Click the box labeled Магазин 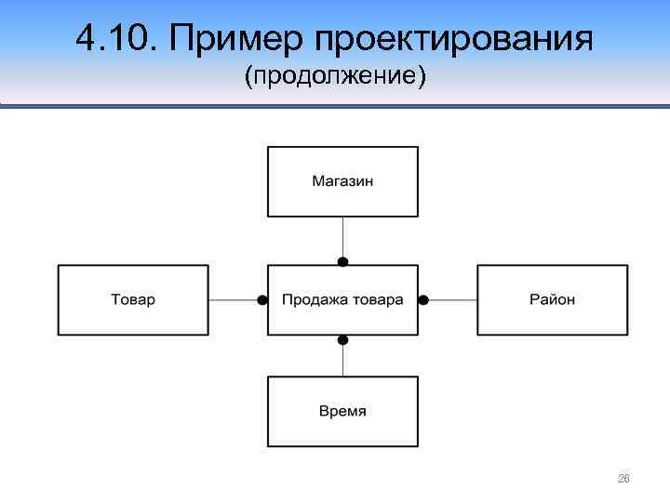point(342,181)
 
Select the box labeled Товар point(133,300)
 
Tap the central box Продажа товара point(342,300)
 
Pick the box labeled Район point(553,300)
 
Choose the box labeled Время point(342,411)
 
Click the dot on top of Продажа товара point(342,262)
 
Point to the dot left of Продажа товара point(263,300)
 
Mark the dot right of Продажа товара point(422,300)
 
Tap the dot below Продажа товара point(342,339)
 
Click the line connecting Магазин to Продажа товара point(342,237)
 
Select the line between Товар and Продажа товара point(233,300)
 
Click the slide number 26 point(623,479)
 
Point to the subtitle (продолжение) point(335,78)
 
